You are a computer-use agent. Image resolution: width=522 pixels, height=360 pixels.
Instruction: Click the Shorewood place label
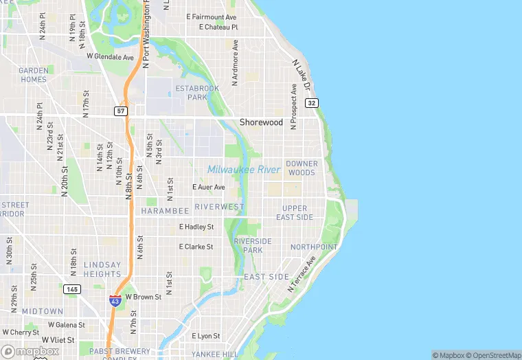click(x=261, y=122)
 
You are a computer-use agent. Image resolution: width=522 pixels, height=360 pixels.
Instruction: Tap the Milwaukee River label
click(x=244, y=170)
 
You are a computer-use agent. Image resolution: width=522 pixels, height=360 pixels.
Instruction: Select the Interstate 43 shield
click(x=115, y=300)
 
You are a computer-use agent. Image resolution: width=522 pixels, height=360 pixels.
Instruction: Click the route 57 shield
click(x=121, y=111)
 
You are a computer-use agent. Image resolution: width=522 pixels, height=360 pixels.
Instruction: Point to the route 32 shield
click(x=313, y=103)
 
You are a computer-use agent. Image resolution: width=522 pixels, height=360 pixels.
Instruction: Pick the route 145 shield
click(x=72, y=289)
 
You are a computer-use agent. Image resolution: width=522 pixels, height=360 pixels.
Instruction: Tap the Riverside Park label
click(x=253, y=245)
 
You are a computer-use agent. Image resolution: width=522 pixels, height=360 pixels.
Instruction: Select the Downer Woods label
click(x=302, y=168)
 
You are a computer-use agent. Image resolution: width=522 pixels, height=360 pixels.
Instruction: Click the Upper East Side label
click(x=295, y=212)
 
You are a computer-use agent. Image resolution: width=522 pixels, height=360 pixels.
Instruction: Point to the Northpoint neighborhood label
click(x=314, y=247)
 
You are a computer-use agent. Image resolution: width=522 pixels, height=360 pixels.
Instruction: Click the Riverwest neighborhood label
click(x=219, y=207)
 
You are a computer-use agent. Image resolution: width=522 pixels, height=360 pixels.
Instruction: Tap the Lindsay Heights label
click(x=102, y=269)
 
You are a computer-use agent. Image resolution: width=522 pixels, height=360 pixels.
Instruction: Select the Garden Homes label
click(x=33, y=75)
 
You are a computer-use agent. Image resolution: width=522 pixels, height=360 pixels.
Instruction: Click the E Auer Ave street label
click(x=209, y=187)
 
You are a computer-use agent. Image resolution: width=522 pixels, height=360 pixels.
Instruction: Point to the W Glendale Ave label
click(x=111, y=57)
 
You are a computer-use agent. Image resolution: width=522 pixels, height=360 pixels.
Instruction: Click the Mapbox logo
click(x=30, y=351)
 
